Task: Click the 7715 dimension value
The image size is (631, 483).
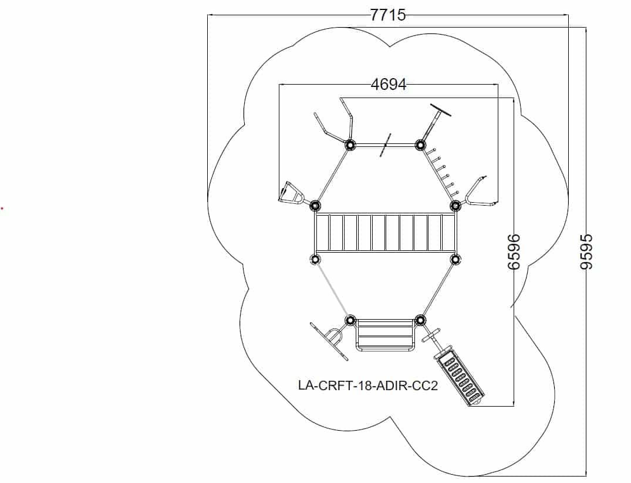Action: coord(388,15)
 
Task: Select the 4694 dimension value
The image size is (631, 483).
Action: coord(389,85)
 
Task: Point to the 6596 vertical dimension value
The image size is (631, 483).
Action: coord(514,251)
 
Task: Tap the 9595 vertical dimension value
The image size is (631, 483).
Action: coord(586,251)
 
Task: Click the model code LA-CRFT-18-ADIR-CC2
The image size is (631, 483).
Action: coord(368,385)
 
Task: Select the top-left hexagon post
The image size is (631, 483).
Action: coord(349,145)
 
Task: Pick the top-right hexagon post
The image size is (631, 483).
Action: coord(420,145)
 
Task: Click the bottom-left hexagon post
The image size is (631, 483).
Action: coord(350,321)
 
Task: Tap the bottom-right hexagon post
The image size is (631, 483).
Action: coord(420,321)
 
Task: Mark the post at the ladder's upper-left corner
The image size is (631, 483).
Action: coord(315,206)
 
